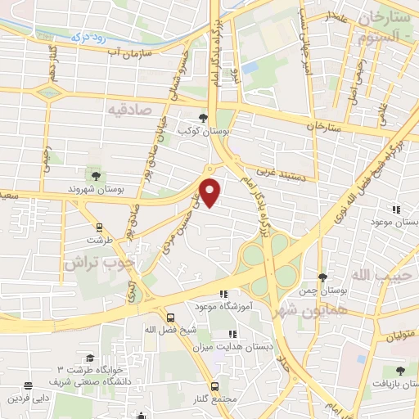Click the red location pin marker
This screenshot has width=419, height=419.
click(x=211, y=191)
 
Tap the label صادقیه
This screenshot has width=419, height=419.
click(x=130, y=108)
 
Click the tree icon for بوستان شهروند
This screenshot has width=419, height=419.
click(x=96, y=175)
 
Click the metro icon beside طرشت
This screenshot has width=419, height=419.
click(x=100, y=228)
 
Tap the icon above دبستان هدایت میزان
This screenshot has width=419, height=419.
click(x=232, y=334)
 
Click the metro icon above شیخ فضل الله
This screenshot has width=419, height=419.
click(x=170, y=317)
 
